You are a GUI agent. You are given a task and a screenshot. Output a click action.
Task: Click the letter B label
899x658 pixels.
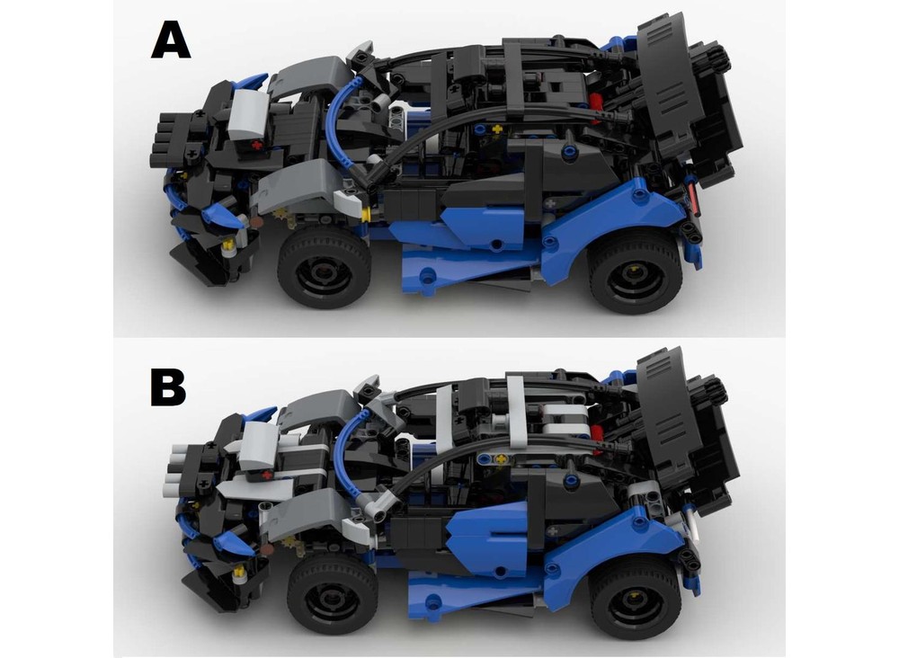click(169, 387)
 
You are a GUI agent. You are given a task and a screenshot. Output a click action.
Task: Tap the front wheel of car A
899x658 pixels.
click(324, 267)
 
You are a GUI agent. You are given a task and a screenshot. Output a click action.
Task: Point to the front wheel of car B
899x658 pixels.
click(333, 593)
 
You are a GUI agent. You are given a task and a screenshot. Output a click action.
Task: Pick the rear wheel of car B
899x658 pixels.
click(635, 598)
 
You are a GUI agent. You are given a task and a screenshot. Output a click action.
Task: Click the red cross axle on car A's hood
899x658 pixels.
click(256, 146)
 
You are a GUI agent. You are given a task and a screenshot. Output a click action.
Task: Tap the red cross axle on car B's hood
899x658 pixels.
click(266, 476)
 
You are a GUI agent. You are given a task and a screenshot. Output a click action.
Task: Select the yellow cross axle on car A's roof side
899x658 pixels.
click(496, 129)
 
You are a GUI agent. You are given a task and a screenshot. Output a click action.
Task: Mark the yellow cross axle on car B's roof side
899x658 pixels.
click(503, 459)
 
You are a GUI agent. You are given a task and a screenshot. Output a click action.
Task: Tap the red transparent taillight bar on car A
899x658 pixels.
click(694, 199)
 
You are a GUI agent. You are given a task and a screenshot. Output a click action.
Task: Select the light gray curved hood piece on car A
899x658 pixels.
click(248, 114)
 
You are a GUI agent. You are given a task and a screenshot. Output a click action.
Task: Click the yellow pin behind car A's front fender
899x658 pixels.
click(365, 215)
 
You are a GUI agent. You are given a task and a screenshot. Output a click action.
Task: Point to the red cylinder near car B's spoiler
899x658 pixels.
click(596, 434)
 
